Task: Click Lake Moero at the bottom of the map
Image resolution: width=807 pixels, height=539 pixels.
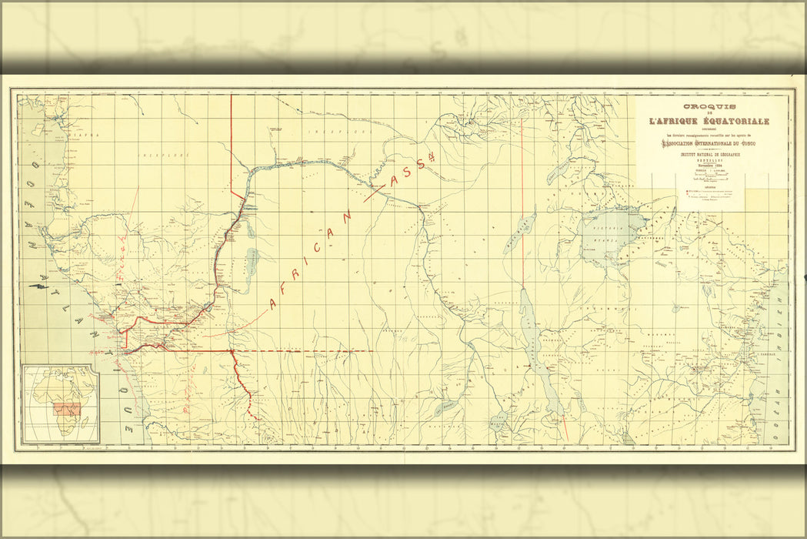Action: [502, 420]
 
